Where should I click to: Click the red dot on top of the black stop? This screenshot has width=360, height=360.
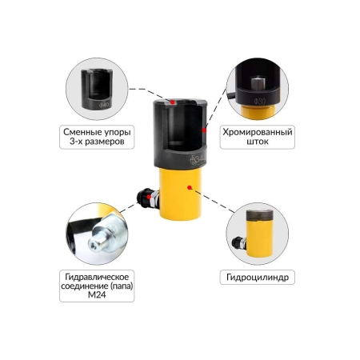tap(173, 102)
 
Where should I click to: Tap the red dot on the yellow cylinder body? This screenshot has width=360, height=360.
tap(190, 187)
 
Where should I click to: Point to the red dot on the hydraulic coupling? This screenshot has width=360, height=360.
tap(148, 197)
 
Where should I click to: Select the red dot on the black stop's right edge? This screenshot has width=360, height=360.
tap(204, 130)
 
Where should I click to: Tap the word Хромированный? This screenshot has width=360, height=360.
tap(258, 132)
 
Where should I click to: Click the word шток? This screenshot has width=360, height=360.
tap(258, 142)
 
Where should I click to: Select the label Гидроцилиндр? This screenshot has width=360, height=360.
tap(258, 278)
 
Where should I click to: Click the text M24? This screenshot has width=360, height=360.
tap(97, 294)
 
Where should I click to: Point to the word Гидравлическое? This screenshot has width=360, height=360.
tap(97, 277)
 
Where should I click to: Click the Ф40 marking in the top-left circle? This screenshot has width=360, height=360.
tap(104, 105)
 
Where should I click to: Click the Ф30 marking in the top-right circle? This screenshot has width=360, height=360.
tap(259, 102)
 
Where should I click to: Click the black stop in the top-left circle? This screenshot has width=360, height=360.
tap(97, 89)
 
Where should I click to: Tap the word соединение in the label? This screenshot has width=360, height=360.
tap(84, 286)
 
